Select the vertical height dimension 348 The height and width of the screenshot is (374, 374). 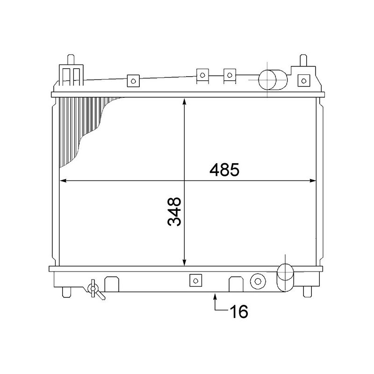coord(174,211)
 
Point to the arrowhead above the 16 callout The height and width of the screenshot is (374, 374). coord(215,295)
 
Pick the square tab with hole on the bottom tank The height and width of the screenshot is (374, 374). coord(195,280)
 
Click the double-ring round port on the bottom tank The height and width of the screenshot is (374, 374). coord(258,280)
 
